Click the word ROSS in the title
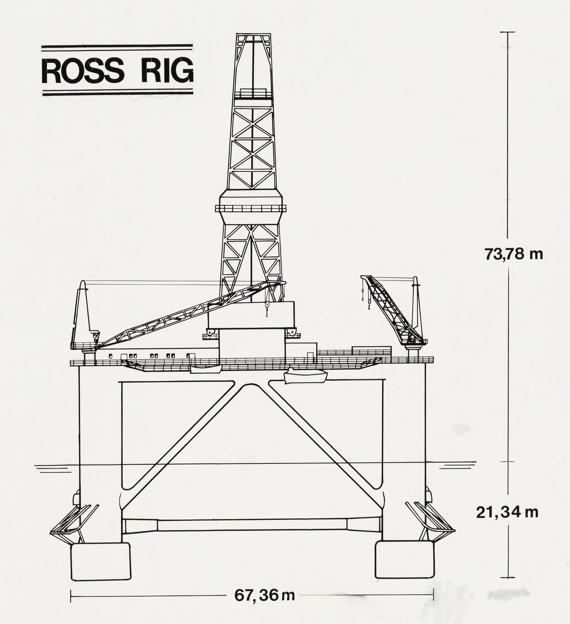pyautogui.click(x=83, y=71)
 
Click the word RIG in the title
pyautogui.click(x=167, y=71)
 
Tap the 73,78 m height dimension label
pyautogui.click(x=514, y=254)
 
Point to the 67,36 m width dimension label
pyautogui.click(x=264, y=595)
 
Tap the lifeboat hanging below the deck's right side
pyautogui.click(x=305, y=376)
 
